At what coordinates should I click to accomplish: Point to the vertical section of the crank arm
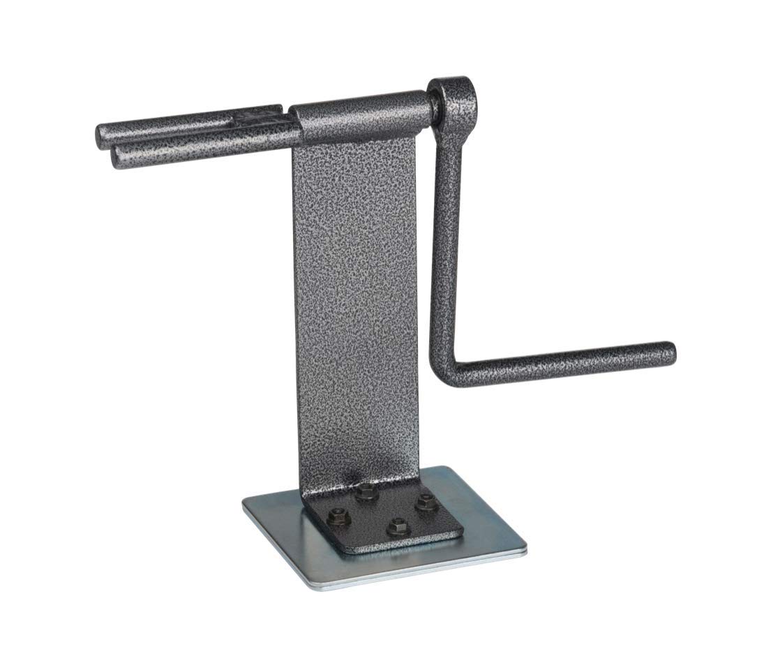point(445,244)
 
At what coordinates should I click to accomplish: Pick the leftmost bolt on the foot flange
point(338,516)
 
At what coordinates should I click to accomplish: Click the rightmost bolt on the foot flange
point(425,502)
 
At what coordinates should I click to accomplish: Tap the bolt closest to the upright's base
point(366,493)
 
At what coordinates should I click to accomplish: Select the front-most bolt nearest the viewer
point(398,526)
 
